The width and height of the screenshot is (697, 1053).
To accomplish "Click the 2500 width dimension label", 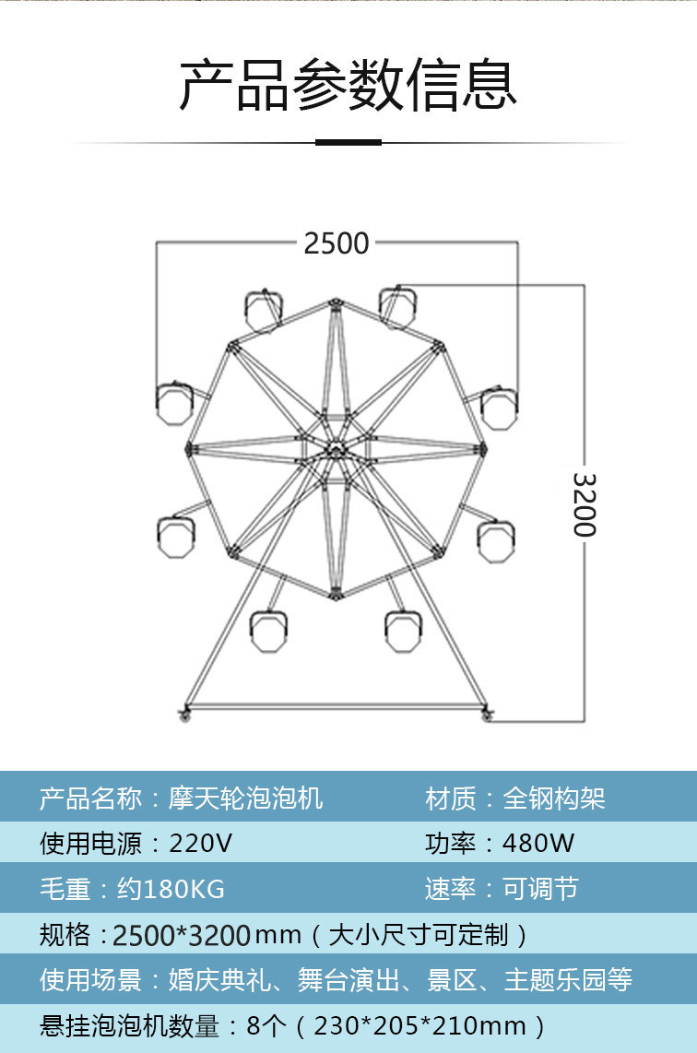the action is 336,243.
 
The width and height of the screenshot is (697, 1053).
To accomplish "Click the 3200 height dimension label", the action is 585,504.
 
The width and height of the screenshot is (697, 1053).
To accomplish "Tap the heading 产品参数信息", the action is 348,85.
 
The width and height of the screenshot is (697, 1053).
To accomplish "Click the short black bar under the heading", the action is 348,142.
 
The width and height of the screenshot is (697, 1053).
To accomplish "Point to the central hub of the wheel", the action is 335,451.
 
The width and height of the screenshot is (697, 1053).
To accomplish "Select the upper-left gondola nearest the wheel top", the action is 263,310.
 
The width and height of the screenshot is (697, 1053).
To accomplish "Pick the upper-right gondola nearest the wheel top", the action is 397,306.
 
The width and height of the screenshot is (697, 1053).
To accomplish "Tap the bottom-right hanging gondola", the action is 402,630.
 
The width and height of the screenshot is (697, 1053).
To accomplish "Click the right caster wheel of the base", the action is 487,716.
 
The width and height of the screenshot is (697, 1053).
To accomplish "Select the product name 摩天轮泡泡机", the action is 245,798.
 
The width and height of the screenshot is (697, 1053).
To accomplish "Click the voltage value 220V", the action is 200,843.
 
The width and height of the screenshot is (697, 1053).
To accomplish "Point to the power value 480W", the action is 538,843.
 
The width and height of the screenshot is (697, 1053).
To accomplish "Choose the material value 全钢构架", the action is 554,798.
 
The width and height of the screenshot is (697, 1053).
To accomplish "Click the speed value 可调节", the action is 540,889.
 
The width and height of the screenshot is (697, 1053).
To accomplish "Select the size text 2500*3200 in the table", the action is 182,935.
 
